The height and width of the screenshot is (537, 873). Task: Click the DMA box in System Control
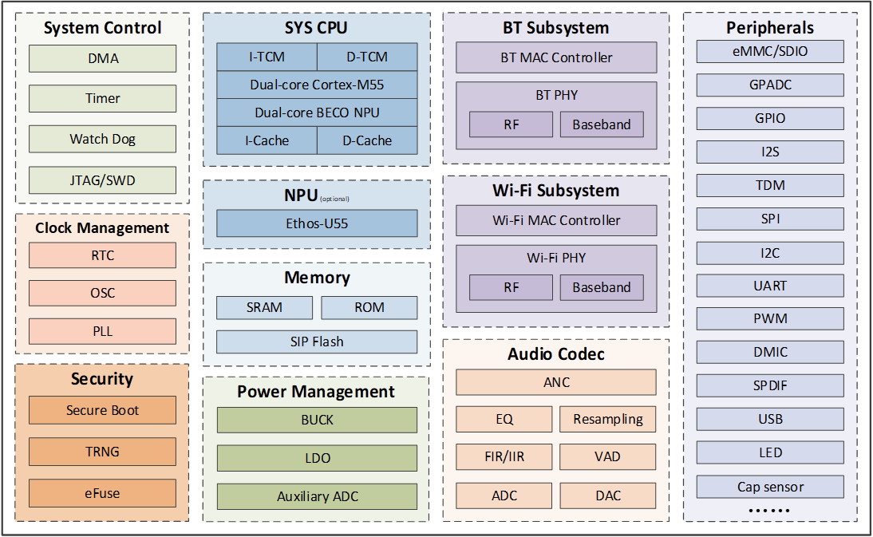pos(102,58)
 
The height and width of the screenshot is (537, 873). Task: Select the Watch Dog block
pos(102,139)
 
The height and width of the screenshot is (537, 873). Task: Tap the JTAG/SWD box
pos(102,180)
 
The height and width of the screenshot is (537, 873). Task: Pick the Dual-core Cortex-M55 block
pos(317,85)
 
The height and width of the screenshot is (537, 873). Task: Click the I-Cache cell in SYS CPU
pos(267,140)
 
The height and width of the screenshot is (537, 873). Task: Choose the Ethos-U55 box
pos(317,223)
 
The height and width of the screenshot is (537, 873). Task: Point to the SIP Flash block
pos(317,342)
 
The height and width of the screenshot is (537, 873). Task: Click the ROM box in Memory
pos(369,308)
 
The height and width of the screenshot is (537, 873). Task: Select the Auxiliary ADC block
pos(317,496)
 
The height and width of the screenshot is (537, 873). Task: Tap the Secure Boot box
pos(102,410)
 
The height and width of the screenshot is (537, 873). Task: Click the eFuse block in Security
pos(102,493)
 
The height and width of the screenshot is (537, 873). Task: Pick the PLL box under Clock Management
pos(102,331)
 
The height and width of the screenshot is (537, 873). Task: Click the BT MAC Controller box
pos(556,57)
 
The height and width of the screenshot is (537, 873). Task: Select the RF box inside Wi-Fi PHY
pos(511,288)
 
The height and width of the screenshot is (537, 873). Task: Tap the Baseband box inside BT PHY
pos(602,124)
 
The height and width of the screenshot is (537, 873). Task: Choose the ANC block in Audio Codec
pos(556,382)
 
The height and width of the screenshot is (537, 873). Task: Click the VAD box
pos(607,457)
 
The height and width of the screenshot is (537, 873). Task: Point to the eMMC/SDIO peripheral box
pos(770,51)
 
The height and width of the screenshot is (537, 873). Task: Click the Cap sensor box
pos(770,487)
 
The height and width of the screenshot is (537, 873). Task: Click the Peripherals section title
pos(770,27)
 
